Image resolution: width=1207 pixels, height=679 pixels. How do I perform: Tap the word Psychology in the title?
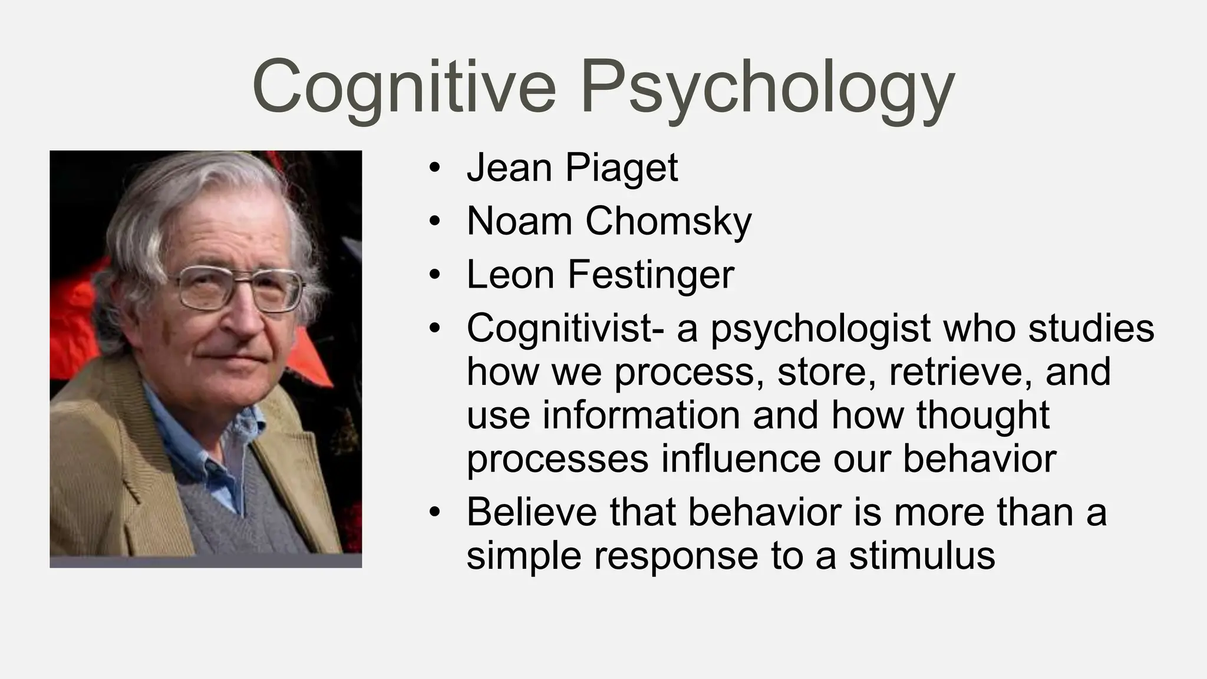[767, 88]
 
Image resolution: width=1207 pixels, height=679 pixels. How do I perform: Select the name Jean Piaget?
[572, 168]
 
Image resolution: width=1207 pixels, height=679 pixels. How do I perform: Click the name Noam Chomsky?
[609, 222]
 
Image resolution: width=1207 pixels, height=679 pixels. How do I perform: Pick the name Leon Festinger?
[600, 275]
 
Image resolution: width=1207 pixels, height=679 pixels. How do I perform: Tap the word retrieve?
[961, 372]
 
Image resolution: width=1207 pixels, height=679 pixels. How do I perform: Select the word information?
[641, 414]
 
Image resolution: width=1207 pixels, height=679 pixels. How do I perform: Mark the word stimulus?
[922, 555]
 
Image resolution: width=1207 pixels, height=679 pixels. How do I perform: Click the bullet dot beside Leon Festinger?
[434, 276]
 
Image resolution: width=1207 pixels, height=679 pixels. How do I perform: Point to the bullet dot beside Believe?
[434, 513]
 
